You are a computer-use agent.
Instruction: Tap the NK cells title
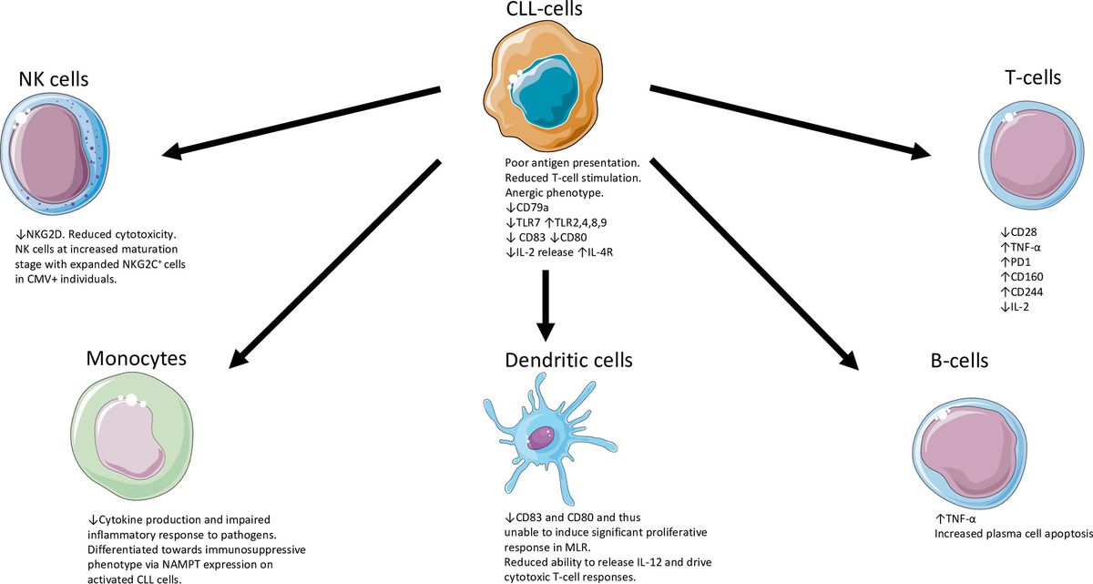[59, 79]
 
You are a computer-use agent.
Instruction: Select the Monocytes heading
[137, 358]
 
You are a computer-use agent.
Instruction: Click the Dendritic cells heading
[567, 361]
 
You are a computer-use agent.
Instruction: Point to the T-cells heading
[1027, 77]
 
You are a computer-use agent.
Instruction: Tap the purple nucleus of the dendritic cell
[544, 436]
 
